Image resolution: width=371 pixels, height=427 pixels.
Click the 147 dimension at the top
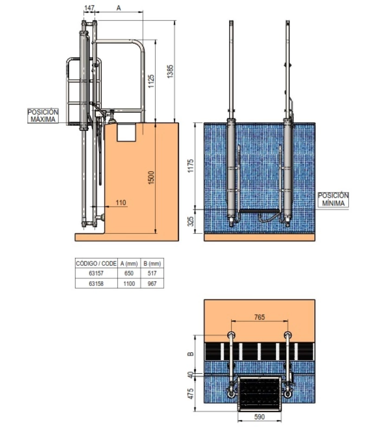[x=89, y=8]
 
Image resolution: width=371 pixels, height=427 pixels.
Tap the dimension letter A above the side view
[x=119, y=8]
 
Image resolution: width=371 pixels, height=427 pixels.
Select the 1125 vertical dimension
[x=151, y=81]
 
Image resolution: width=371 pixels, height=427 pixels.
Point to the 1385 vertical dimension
[x=170, y=71]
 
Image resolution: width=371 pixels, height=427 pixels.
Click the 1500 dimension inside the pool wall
[x=151, y=178]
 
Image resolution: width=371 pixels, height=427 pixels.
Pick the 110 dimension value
[x=121, y=203]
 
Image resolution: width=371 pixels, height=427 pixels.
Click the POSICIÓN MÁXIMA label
[x=43, y=116]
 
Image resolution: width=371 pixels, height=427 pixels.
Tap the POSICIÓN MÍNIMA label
[x=333, y=199]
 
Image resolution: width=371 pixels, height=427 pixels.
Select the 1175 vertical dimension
[x=191, y=166]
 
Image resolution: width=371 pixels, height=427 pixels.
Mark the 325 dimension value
[x=191, y=221]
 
